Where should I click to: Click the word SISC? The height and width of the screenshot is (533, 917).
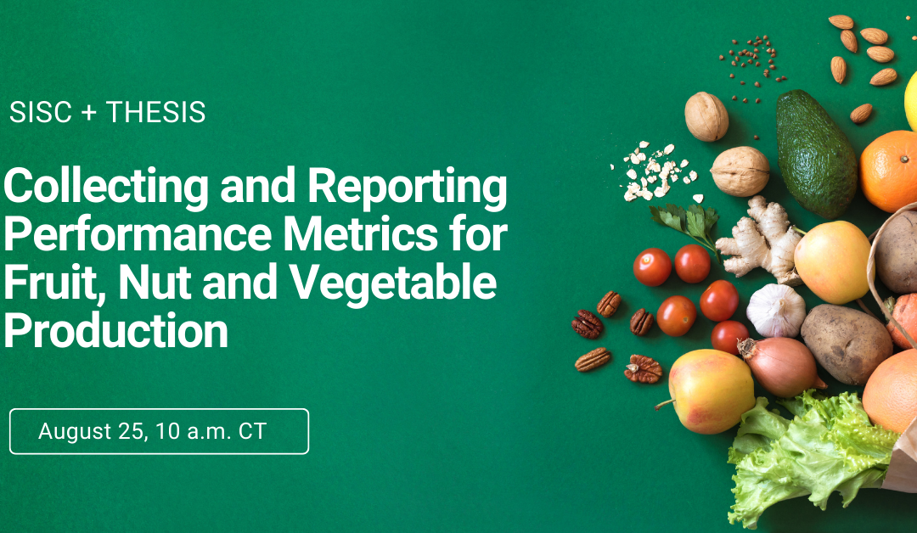pos(41,112)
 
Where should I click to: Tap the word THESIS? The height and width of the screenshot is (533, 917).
pos(155,112)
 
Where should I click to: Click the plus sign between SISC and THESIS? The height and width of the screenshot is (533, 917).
pos(88,113)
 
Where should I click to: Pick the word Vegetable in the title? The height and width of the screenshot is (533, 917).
pos(394,283)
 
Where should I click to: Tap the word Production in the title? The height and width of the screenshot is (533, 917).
pos(115,331)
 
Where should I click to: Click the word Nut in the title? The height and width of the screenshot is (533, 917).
pos(155,283)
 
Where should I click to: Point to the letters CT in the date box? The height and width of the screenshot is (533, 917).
pos(253,431)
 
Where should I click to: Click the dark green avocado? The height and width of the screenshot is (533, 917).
pos(815,153)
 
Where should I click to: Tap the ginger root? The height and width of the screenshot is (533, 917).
pos(760,239)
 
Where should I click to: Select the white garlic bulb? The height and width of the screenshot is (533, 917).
pos(776,311)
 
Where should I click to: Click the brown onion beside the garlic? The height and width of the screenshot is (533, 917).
pos(781,367)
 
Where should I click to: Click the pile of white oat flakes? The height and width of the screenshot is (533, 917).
pos(653,171)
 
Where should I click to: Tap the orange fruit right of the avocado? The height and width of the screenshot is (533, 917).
pos(890,171)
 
